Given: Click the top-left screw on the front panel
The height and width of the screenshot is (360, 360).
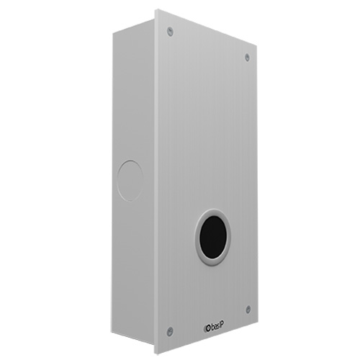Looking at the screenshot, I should click(x=170, y=31).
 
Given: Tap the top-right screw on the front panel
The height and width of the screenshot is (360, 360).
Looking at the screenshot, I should click(x=247, y=57).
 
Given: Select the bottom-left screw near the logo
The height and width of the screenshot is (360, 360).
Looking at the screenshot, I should click(x=170, y=330).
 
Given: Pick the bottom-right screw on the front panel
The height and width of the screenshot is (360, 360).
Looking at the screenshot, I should click(x=247, y=309).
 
